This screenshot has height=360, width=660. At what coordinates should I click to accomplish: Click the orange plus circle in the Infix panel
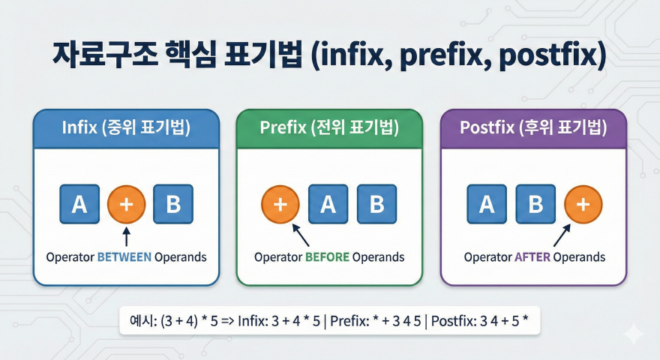tap(126, 205)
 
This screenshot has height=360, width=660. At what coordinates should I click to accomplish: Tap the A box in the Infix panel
tap(79, 205)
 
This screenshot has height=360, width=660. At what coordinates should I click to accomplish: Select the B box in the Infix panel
tap(173, 205)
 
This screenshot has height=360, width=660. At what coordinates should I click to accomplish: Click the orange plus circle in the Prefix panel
tap(280, 205)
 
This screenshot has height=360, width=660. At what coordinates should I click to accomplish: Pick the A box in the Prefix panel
tap(328, 205)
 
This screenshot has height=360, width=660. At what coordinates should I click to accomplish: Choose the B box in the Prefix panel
tap(376, 205)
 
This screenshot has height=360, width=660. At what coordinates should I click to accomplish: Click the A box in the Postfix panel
tap(486, 205)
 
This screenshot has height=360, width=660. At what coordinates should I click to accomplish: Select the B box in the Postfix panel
tap(535, 205)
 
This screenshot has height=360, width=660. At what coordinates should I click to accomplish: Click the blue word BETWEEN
tap(124, 257)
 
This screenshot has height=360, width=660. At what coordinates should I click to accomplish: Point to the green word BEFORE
tap(327, 257)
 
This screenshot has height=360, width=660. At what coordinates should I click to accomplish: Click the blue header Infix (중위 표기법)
tap(126, 128)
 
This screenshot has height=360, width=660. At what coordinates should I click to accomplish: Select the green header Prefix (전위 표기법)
tap(329, 128)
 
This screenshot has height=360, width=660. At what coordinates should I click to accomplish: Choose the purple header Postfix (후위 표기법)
tap(534, 128)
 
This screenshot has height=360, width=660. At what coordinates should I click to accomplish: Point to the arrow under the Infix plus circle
tap(126, 237)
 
